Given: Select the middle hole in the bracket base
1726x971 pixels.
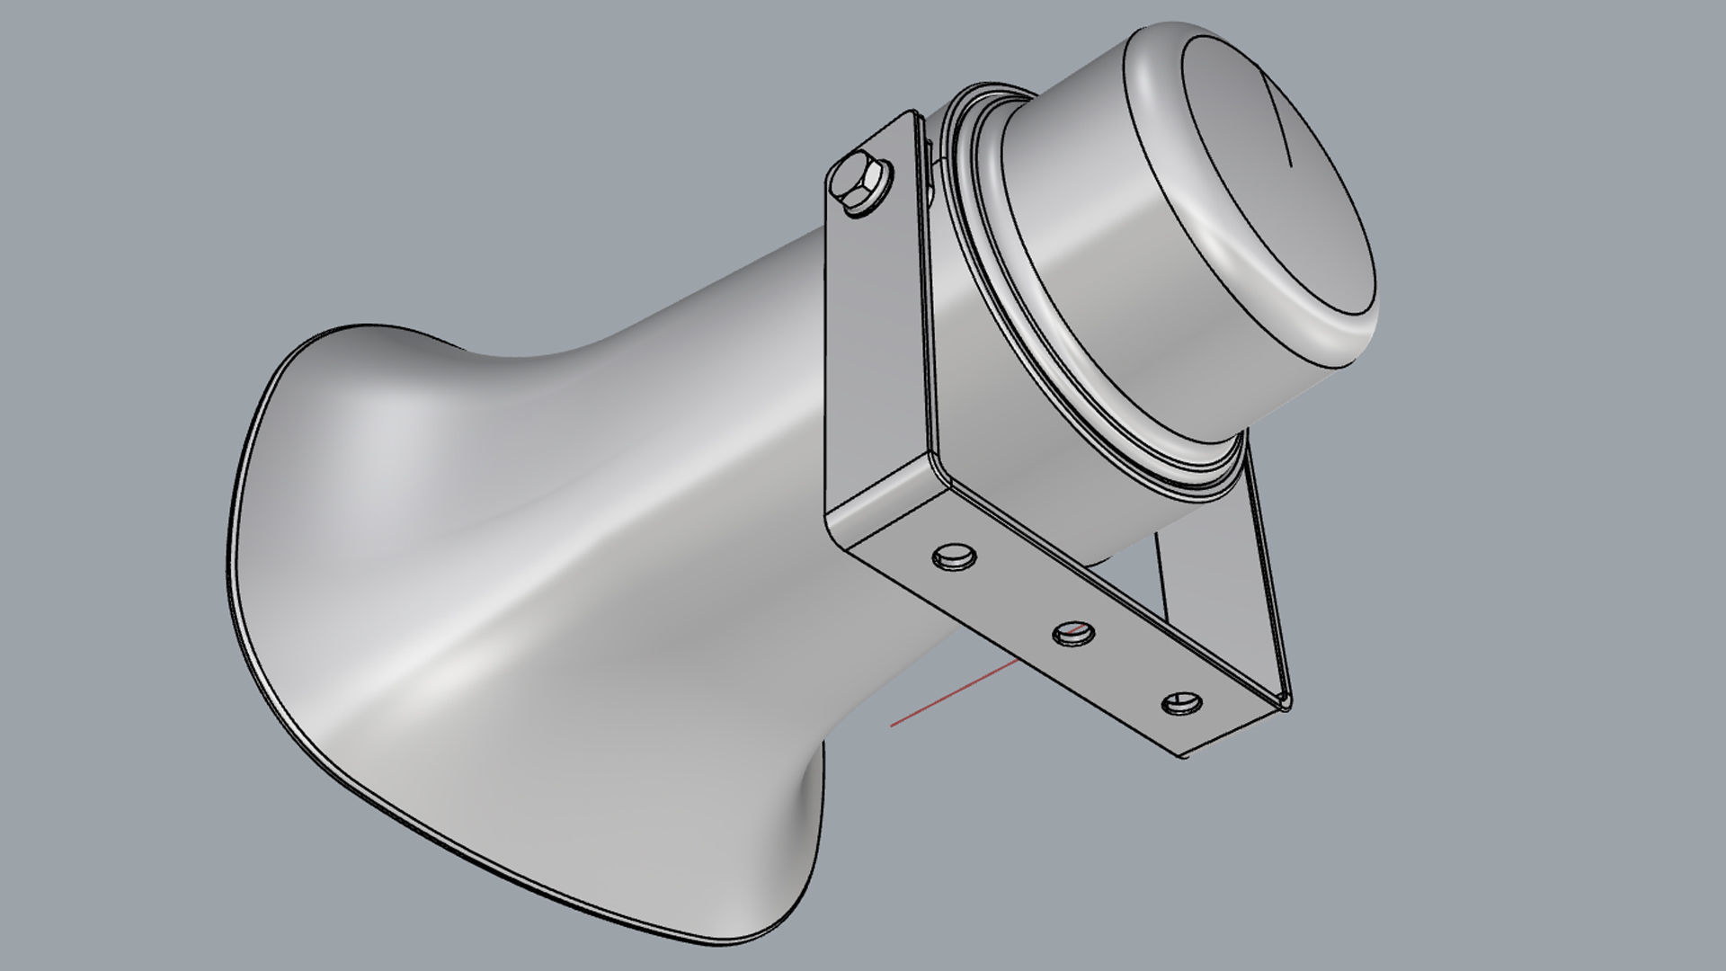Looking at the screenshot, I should (1073, 633).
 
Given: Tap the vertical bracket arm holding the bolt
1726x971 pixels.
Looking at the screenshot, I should (876, 342).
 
